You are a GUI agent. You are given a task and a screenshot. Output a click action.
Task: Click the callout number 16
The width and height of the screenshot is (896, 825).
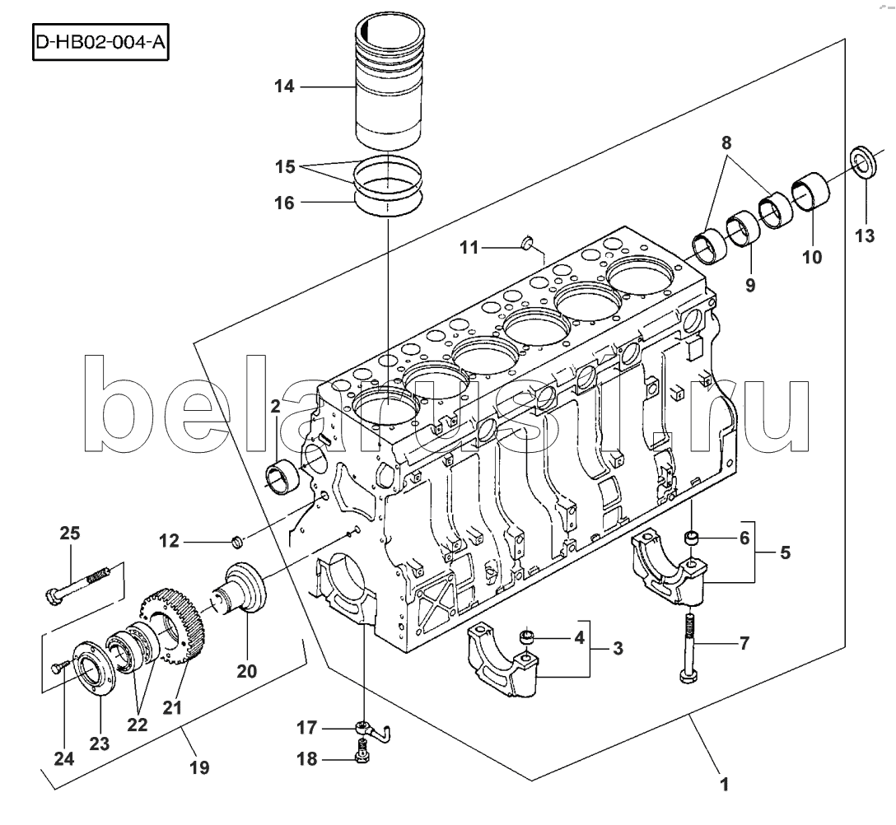tap(284, 201)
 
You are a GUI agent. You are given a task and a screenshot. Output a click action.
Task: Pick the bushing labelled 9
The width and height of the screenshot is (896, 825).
tap(744, 226)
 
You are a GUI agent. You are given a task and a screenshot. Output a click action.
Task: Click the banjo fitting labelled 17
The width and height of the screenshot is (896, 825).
tap(367, 729)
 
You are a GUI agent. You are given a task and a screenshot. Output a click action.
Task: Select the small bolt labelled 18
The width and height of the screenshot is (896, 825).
tap(362, 751)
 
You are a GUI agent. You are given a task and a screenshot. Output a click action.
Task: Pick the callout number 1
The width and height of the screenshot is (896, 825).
tap(725, 785)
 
